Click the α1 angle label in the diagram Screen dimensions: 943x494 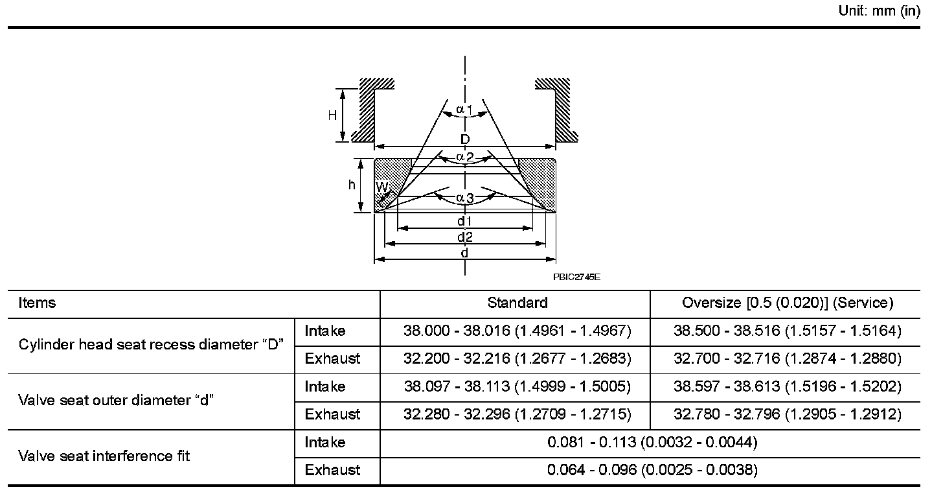[x=464, y=110]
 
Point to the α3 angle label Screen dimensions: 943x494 [x=464, y=198]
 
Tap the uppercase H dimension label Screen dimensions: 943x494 [x=332, y=115]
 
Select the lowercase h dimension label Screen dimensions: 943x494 [x=352, y=185]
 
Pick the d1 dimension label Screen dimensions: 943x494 [x=464, y=220]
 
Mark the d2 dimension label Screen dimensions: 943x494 [x=464, y=237]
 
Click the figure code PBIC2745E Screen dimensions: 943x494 [x=576, y=277]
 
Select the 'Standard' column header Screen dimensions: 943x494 [x=517, y=303]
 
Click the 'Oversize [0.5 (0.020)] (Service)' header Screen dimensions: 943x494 [x=788, y=303]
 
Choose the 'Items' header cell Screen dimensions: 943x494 [x=37, y=303]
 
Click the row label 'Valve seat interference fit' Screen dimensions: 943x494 [x=104, y=456]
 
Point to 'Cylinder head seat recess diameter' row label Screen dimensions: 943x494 [x=152, y=344]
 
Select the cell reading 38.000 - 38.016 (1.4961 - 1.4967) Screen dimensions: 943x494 [x=517, y=331]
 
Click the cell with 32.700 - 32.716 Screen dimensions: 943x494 [x=788, y=358]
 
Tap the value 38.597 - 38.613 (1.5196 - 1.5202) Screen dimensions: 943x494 [x=788, y=386]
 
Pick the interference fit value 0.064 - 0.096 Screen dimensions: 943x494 [x=652, y=470]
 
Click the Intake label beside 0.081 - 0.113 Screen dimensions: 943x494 [x=325, y=442]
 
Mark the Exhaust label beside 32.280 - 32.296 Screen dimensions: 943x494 [x=332, y=414]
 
